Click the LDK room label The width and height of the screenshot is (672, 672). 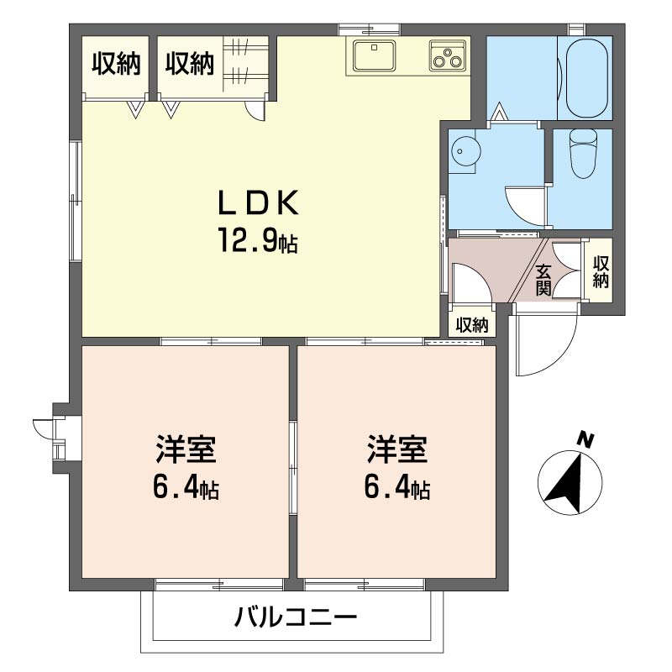click(258, 202)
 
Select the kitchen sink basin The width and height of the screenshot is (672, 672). click(374, 55)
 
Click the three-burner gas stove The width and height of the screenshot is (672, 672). click(448, 55)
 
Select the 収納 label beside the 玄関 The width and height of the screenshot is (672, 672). click(601, 271)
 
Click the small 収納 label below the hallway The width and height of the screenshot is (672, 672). click(471, 326)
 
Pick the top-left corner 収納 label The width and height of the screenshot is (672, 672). click(116, 64)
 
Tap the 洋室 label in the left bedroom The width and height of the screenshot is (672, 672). click(186, 449)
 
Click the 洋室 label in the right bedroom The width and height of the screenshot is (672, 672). click(396, 449)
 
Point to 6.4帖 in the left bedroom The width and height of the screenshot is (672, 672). click(186, 487)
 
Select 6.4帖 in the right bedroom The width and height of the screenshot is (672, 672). click(396, 487)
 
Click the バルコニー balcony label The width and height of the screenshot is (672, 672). click(296, 617)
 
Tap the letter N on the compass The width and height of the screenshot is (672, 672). click(585, 440)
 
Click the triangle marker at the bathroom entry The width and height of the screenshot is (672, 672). click(498, 112)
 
